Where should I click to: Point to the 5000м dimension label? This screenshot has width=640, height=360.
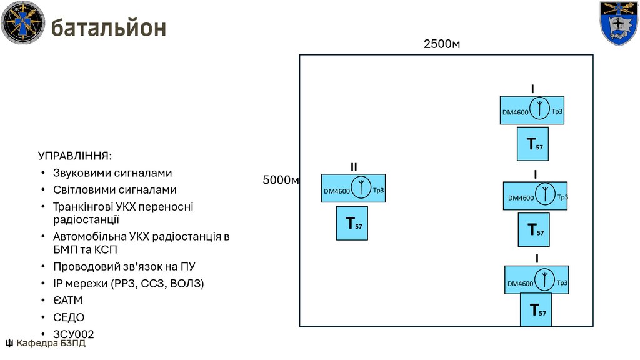coord(281,180)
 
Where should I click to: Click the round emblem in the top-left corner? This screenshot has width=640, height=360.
coord(23,23)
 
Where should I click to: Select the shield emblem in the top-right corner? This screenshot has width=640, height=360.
coord(618,23)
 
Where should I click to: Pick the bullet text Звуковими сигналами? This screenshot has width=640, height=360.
coord(112,172)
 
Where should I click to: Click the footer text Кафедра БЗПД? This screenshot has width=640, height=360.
coord(51,343)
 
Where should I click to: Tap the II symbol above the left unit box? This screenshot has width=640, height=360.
coord(354,166)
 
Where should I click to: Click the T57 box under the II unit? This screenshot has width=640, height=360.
coord(354,223)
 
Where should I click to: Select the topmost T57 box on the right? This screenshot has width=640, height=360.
coord(533,144)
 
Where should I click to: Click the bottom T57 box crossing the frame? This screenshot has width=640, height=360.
coord(537,309)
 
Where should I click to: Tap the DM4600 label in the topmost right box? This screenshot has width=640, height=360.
coord(516,112)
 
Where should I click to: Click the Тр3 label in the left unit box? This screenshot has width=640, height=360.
coord(378,191)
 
